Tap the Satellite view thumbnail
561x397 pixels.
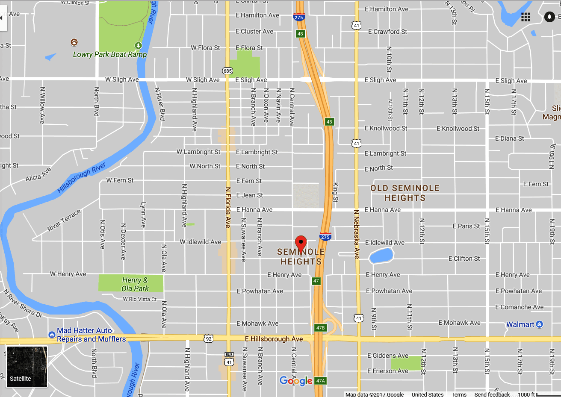click(x=27, y=366)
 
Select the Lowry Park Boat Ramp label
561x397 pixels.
click(x=109, y=54)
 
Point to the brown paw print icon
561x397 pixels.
click(x=74, y=42)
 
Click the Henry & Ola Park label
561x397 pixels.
click(x=134, y=284)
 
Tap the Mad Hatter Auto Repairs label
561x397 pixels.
click(x=91, y=335)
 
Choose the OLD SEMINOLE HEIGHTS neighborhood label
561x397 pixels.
click(x=405, y=193)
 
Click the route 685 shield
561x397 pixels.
click(x=227, y=71)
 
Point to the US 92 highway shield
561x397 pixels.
click(x=208, y=338)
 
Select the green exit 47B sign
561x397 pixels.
click(x=320, y=328)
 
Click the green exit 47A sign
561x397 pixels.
click(x=320, y=381)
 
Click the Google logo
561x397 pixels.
click(x=296, y=381)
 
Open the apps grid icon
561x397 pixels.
click(x=526, y=17)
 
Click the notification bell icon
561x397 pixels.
click(x=549, y=17)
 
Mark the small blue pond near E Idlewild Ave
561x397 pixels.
click(x=381, y=256)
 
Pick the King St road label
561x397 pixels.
click(x=335, y=192)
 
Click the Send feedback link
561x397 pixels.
click(x=492, y=394)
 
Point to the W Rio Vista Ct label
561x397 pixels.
click(x=140, y=299)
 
